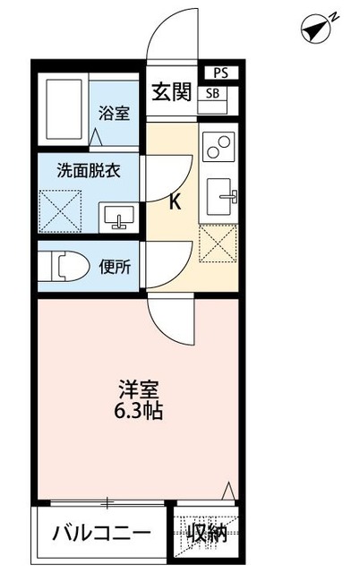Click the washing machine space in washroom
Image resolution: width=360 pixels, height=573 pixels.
pyautogui.click(x=64, y=211)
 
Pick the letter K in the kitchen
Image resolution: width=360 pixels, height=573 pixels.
pyautogui.click(x=175, y=202)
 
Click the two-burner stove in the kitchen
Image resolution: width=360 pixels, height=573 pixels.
pyautogui.click(x=219, y=145)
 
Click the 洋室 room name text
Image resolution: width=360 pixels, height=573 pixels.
pyautogui.click(x=139, y=390)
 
